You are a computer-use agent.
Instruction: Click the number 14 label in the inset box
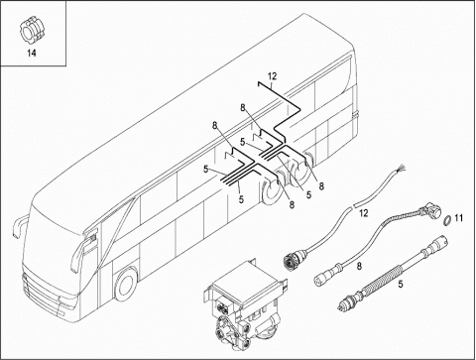[32, 53]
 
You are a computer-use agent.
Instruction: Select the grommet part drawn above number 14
[32, 32]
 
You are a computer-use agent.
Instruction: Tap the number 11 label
[458, 218]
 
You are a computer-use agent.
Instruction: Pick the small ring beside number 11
[446, 219]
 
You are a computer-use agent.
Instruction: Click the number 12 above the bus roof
[272, 76]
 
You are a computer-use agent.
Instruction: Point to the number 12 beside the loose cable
[363, 213]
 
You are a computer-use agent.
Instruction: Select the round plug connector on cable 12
[291, 258]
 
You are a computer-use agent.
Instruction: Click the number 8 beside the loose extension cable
[359, 266]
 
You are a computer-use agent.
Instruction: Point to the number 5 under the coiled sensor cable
[401, 284]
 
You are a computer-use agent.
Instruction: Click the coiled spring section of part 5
[383, 278]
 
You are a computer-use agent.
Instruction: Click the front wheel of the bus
[125, 285]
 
